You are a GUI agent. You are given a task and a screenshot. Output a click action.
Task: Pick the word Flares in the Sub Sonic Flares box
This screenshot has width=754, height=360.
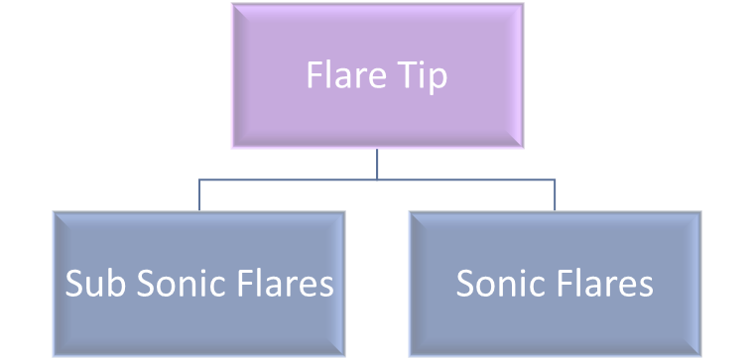[289, 285]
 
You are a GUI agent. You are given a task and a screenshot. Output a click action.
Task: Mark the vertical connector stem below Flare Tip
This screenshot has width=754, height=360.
[377, 165]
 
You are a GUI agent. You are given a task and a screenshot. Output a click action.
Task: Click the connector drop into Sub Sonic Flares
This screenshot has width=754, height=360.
[199, 195]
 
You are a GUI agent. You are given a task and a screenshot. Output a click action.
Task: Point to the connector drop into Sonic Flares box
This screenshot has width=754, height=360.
[555, 195]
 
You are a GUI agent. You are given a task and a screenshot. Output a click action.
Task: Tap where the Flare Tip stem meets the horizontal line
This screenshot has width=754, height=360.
[377, 180]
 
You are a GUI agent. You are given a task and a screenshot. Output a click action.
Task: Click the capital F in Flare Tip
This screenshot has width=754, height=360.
[314, 76]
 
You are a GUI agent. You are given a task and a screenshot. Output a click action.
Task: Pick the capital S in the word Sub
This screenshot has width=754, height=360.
[74, 285]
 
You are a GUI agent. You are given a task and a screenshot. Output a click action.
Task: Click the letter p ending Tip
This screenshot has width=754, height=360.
[438, 79]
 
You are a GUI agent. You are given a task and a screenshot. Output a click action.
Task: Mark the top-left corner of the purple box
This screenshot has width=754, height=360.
[232, 4]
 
